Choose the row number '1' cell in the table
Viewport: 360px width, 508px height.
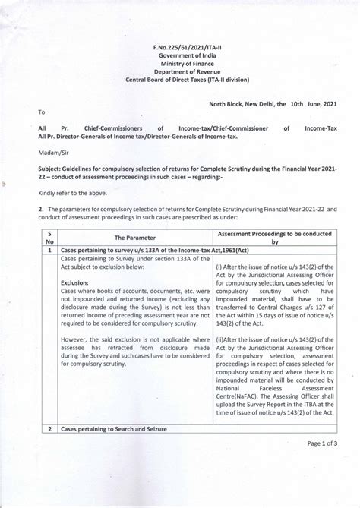[x=49, y=250]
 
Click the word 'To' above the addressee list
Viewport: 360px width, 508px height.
[x=42, y=112]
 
